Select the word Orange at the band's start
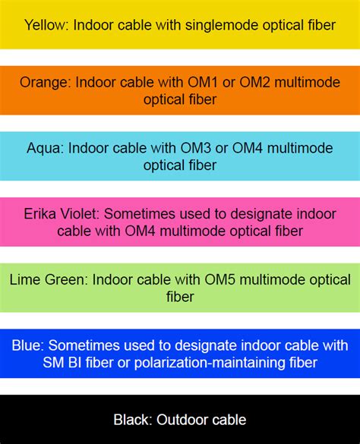[44, 82]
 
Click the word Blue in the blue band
[27, 346]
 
